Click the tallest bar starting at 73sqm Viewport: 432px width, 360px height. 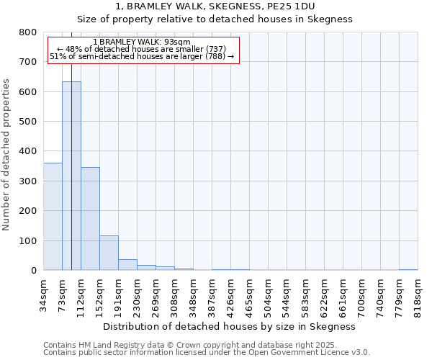click(x=71, y=176)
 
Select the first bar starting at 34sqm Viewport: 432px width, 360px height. click(x=53, y=216)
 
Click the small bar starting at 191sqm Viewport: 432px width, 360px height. click(x=127, y=265)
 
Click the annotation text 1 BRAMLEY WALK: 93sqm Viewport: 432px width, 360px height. click(x=142, y=42)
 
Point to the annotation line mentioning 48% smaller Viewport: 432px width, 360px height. click(x=142, y=49)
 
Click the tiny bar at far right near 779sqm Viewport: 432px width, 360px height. click(x=408, y=269)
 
